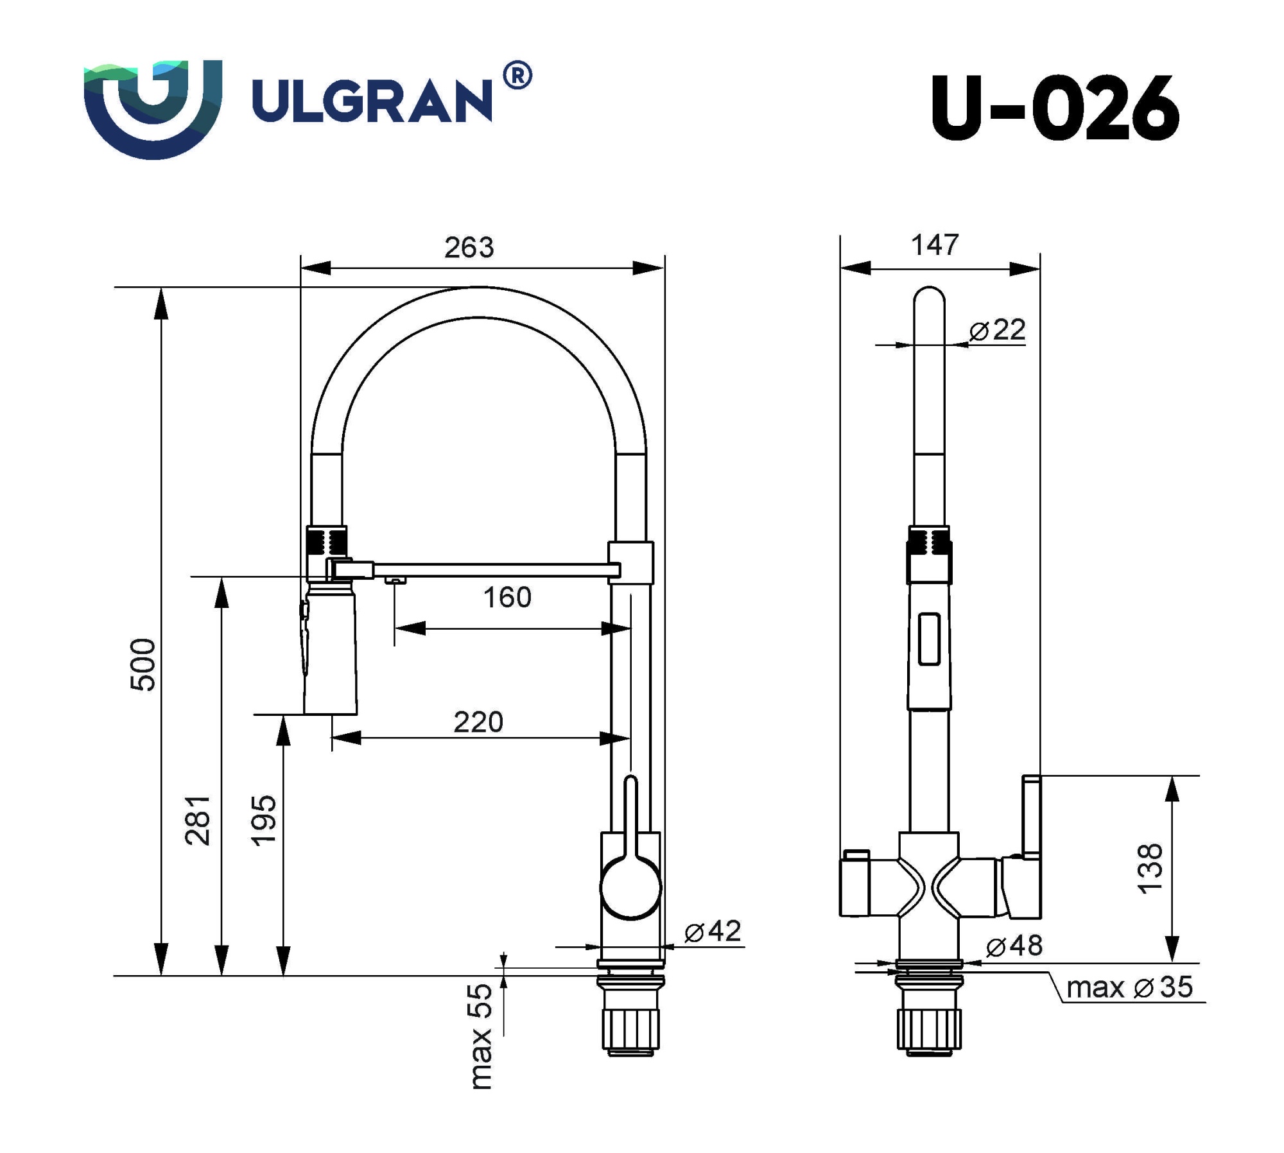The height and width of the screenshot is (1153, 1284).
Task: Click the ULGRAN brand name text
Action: click(372, 100)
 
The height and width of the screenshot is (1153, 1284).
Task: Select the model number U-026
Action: click(1054, 109)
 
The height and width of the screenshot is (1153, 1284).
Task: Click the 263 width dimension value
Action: click(469, 248)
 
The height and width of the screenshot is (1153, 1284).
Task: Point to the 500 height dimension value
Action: click(143, 664)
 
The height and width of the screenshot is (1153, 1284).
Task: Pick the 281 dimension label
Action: click(197, 820)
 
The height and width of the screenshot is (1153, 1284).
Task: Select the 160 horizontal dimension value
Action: click(507, 598)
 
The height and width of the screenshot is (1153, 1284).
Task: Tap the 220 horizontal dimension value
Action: click(478, 722)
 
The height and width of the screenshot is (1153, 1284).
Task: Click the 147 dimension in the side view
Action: click(935, 245)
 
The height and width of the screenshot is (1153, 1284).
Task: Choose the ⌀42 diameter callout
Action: click(713, 931)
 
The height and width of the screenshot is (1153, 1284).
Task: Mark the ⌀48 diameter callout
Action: click(1014, 946)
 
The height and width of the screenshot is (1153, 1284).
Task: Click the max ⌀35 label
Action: click(1129, 987)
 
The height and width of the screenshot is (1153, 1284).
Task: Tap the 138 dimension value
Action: click(1150, 869)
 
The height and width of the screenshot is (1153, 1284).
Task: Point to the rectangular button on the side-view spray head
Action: click(930, 639)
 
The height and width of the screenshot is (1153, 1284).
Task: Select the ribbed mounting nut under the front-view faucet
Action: click(630, 1027)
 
